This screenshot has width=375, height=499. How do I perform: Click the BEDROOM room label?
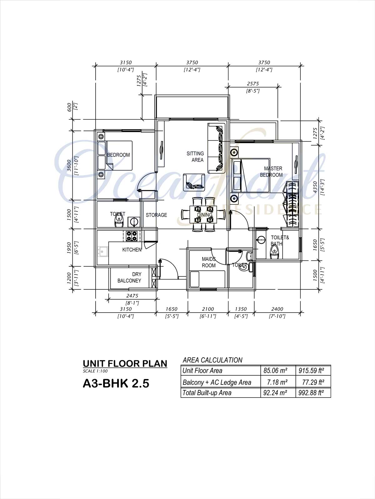118,155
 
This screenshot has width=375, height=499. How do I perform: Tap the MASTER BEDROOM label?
272,172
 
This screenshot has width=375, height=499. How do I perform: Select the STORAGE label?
157,215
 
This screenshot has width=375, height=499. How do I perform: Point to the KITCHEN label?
132,249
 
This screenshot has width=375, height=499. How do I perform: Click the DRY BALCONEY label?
129,277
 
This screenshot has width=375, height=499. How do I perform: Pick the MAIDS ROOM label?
209,262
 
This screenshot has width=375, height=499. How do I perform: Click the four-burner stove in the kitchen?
132,236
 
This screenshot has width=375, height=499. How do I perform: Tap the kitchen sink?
103,252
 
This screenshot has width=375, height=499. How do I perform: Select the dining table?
203,215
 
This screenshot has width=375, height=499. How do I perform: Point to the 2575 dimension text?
253,84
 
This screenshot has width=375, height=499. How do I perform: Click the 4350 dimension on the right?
315,187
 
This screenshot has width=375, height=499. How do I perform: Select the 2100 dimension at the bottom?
208,309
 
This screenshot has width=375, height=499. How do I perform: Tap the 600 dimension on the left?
69,107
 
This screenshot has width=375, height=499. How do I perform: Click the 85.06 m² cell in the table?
275,371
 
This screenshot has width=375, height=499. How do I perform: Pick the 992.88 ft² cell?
311,393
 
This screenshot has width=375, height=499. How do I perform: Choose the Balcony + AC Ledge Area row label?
217,383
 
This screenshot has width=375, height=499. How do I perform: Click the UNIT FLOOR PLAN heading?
125,364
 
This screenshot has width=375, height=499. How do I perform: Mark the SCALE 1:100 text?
95,371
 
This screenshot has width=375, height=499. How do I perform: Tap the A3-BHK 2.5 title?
116,383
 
